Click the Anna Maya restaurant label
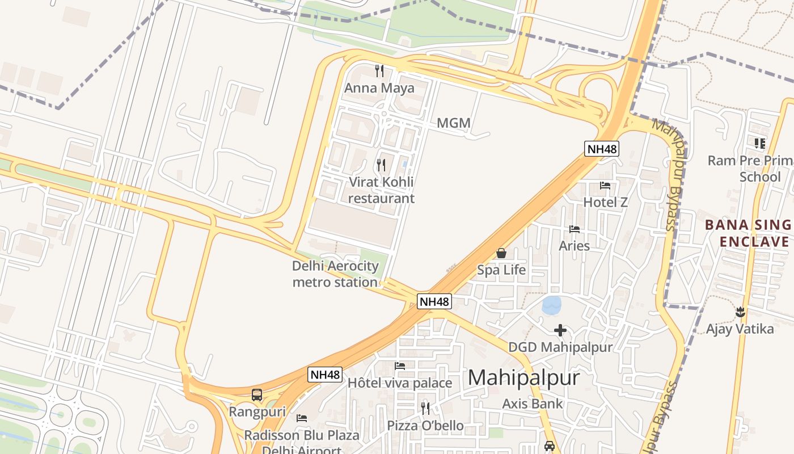(379, 88)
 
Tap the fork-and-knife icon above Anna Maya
(379, 71)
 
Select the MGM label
(454, 123)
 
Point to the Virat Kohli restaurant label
(381, 190)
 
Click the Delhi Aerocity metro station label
(335, 274)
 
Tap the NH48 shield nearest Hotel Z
(602, 149)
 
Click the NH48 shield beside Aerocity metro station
(434, 301)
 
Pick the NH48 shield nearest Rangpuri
(326, 375)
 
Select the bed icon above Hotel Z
(605, 186)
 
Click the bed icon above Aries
(575, 229)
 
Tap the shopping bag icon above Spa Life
(501, 253)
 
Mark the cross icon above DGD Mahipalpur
(560, 330)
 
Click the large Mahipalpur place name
(524, 378)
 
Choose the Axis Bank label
(533, 404)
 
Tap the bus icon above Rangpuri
(257, 395)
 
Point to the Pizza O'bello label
(425, 426)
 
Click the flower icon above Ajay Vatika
(740, 312)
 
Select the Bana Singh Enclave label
(749, 233)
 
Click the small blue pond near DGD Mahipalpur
(551, 305)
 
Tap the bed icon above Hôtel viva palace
(400, 366)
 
